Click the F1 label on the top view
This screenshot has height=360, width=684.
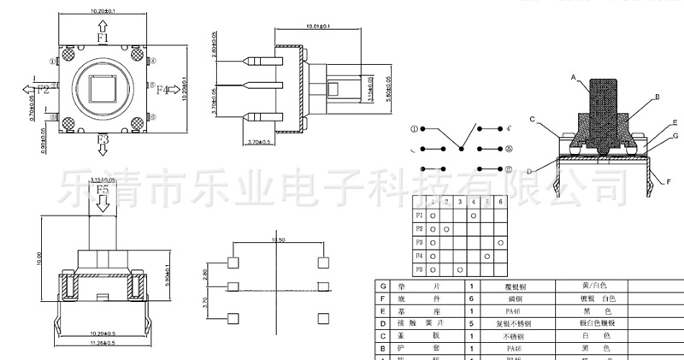point(103,38)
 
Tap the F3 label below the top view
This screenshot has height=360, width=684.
point(103,139)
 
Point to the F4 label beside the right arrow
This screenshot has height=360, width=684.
point(163,89)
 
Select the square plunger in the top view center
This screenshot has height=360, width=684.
point(103,89)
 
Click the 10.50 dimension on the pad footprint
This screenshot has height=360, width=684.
point(277,241)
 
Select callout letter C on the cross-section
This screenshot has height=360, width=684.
point(532,119)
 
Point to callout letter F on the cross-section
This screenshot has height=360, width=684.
point(668,181)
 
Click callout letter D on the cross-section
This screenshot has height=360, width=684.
point(529,172)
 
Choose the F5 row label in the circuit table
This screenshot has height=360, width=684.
point(419,270)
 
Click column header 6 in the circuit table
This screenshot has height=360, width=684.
point(500,203)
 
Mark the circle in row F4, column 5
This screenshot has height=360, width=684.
point(486,257)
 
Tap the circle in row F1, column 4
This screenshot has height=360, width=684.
point(473,215)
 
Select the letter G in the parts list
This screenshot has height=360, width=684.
point(384,286)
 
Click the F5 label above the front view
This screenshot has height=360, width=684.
point(103,189)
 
